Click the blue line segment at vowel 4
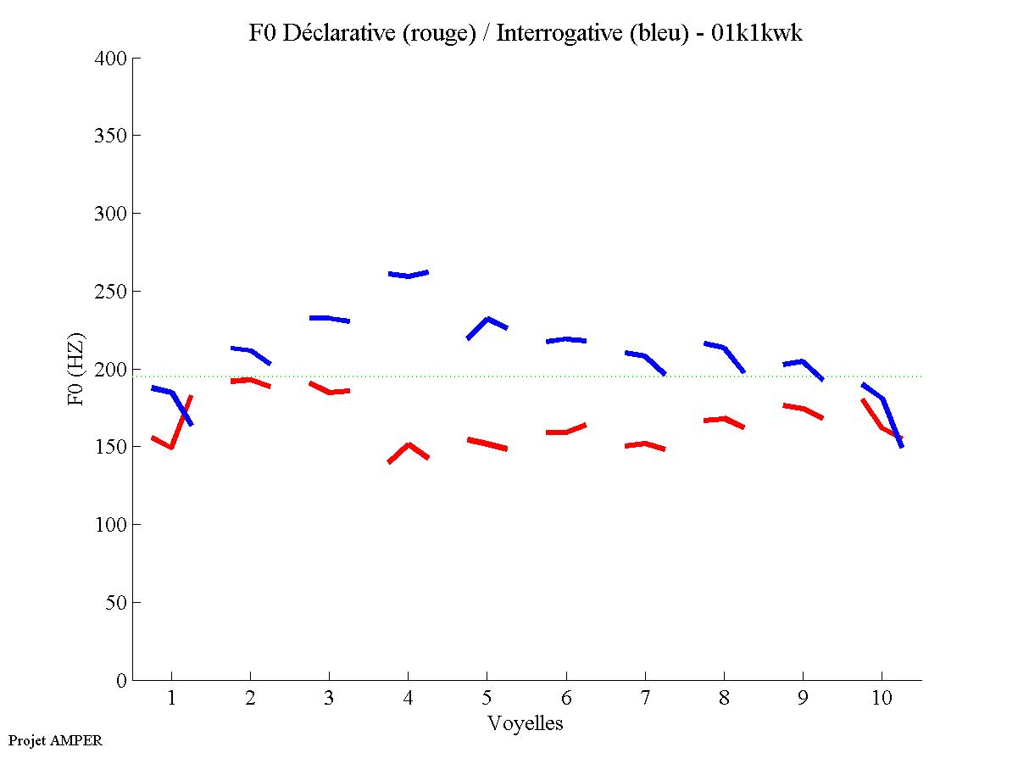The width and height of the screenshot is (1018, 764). [408, 275]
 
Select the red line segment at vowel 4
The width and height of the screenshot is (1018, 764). [409, 445]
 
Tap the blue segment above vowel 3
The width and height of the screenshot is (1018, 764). [329, 318]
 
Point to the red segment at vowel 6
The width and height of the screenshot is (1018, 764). [565, 432]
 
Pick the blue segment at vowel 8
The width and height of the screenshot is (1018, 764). [723, 347]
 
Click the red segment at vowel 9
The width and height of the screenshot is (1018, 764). [802, 409]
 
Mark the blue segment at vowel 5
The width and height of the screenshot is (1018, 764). [487, 320]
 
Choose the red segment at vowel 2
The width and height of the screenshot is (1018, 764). [249, 380]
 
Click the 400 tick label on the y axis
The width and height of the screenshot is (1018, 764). [112, 59]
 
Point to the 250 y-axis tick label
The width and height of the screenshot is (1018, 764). [112, 292]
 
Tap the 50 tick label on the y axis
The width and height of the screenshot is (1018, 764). [117, 603]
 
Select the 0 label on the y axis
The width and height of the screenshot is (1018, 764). [122, 680]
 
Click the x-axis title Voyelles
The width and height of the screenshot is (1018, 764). [526, 723]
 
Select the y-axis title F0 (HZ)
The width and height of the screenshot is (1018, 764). [76, 369]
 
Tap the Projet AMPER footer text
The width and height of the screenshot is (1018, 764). [55, 740]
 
